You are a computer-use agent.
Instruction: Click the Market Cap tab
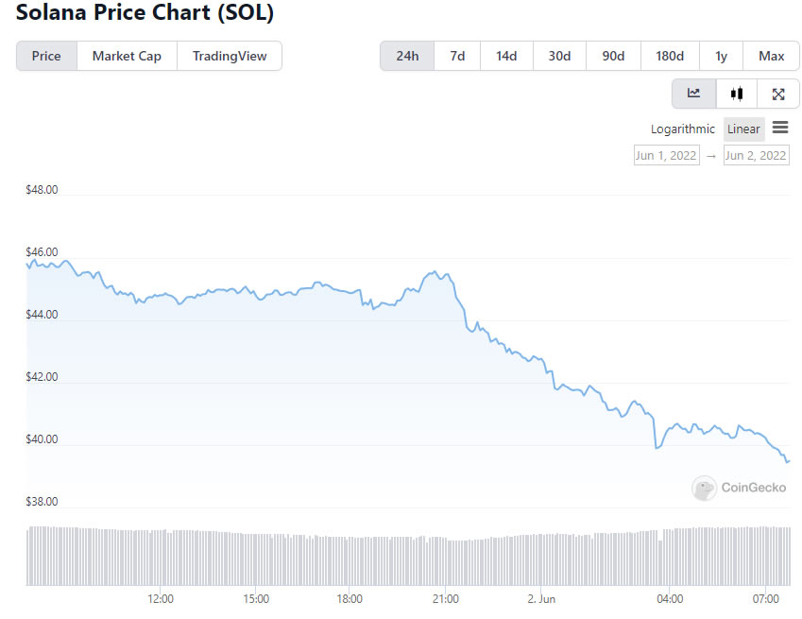click(127, 56)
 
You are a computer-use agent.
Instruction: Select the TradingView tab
click(230, 56)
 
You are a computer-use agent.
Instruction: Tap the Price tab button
click(46, 56)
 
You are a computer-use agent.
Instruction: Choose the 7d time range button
click(457, 56)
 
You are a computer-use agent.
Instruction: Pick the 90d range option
click(613, 56)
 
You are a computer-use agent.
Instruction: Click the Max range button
click(771, 56)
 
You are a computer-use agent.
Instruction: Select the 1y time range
click(721, 56)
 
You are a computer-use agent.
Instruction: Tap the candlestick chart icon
click(737, 94)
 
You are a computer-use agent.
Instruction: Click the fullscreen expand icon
click(778, 94)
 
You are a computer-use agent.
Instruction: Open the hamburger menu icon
click(780, 128)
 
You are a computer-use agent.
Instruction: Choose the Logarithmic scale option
click(683, 129)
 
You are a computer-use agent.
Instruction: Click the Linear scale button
click(743, 129)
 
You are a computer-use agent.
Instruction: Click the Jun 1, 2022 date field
click(666, 156)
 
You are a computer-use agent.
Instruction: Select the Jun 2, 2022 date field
click(756, 156)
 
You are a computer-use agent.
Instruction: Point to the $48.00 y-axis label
click(43, 190)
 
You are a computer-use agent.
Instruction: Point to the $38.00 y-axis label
click(43, 502)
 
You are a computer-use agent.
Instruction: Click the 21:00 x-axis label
click(446, 599)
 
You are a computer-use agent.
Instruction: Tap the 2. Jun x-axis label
click(541, 599)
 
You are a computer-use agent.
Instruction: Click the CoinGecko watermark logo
click(704, 488)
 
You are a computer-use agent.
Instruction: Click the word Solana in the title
click(50, 15)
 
